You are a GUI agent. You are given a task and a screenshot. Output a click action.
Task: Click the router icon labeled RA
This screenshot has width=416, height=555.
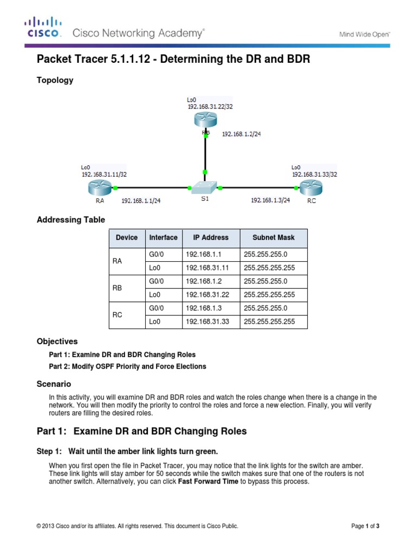pos(97,188)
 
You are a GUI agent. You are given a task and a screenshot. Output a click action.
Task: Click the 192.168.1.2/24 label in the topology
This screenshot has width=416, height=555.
pos(241,135)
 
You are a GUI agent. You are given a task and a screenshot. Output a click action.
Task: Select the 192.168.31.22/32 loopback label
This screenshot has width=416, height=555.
pos(210,107)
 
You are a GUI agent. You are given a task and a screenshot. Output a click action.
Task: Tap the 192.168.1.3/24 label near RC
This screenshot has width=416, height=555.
pos(270,200)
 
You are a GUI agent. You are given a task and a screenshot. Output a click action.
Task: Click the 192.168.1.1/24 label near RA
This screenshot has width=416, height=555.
pos(141,200)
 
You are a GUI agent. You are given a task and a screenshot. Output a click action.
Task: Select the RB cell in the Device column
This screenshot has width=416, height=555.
pos(118,288)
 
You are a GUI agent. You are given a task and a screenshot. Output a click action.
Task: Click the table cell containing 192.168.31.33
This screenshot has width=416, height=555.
pos(206,321)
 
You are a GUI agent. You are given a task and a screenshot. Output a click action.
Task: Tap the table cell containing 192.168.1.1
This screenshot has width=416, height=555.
pos(204,254)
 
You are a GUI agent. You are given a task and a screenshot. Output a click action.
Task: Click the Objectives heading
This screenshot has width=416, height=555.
pos(57,341)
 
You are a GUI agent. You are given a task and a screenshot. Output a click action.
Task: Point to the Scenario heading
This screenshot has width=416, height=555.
pos(53,383)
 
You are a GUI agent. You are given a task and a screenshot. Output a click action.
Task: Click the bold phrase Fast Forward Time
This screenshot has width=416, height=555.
pos(208,481)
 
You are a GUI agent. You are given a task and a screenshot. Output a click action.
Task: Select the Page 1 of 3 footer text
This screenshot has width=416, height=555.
pos(369,526)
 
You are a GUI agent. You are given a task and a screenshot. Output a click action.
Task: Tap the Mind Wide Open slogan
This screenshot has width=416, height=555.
pos(365,34)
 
